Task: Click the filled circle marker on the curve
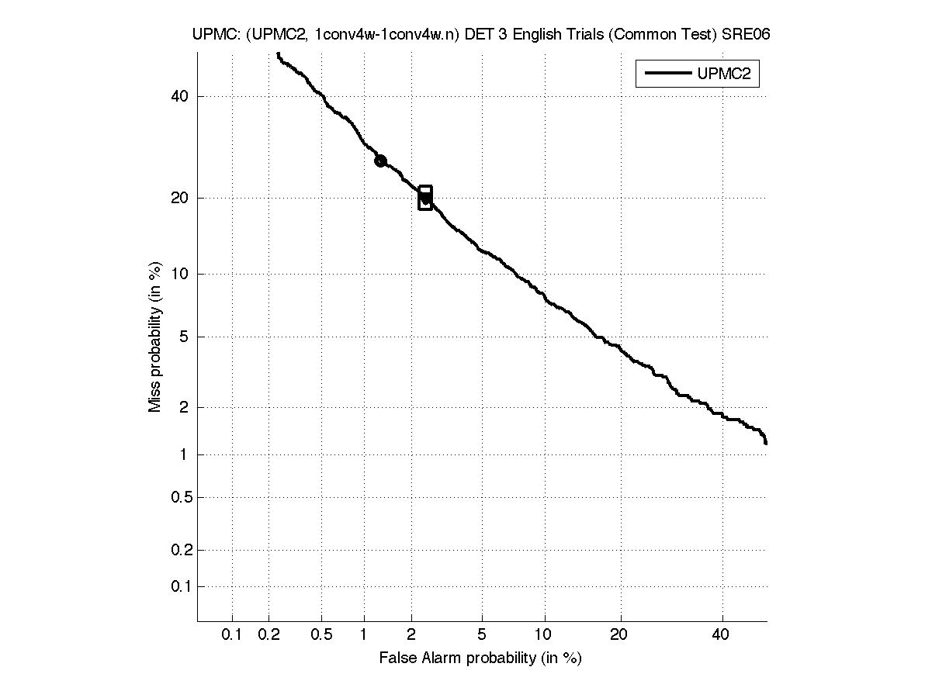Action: click(380, 161)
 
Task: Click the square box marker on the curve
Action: click(425, 198)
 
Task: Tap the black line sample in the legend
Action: click(666, 74)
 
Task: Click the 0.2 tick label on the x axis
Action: click(269, 635)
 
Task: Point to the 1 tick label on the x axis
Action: click(363, 635)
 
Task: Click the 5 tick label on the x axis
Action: click(482, 635)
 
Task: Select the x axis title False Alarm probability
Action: click(480, 658)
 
